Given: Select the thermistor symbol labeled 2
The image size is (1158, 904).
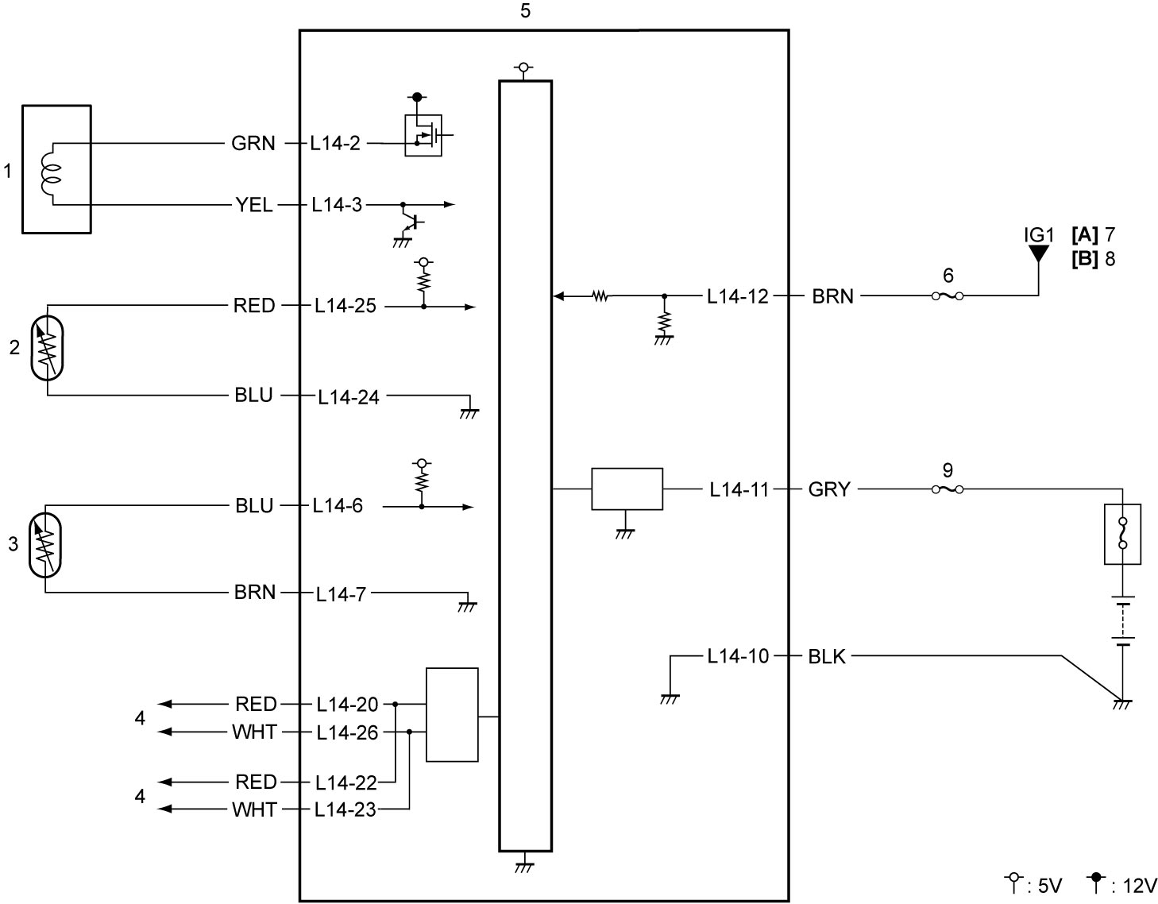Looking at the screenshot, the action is click(x=47, y=348).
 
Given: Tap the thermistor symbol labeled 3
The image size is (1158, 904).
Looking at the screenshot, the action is click(x=45, y=545).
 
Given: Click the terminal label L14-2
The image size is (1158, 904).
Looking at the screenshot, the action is click(x=335, y=143).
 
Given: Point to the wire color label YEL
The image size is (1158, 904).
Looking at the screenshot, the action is click(x=254, y=205).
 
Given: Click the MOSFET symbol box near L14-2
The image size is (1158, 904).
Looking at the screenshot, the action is click(x=423, y=135).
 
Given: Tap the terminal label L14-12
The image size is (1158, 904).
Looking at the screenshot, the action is click(x=738, y=296).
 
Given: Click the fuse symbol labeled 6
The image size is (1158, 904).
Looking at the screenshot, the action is click(x=948, y=296).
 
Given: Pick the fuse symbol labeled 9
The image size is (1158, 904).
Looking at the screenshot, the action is click(x=948, y=489).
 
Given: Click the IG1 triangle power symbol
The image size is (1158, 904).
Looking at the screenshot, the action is click(x=1038, y=253).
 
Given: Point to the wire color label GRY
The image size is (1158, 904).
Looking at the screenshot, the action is click(x=828, y=489).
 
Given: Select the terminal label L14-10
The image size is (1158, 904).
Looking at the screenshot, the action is click(x=738, y=656).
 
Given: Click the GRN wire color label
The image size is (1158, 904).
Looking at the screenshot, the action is click(x=253, y=143).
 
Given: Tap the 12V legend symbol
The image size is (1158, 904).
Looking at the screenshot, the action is click(x=1095, y=881).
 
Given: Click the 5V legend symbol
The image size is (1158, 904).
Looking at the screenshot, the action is click(x=1013, y=881).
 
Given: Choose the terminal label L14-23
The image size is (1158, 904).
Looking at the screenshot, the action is click(x=345, y=809).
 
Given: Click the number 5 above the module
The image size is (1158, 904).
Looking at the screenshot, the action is click(x=526, y=10).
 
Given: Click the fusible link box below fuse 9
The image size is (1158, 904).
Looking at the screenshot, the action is click(x=1122, y=534).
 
